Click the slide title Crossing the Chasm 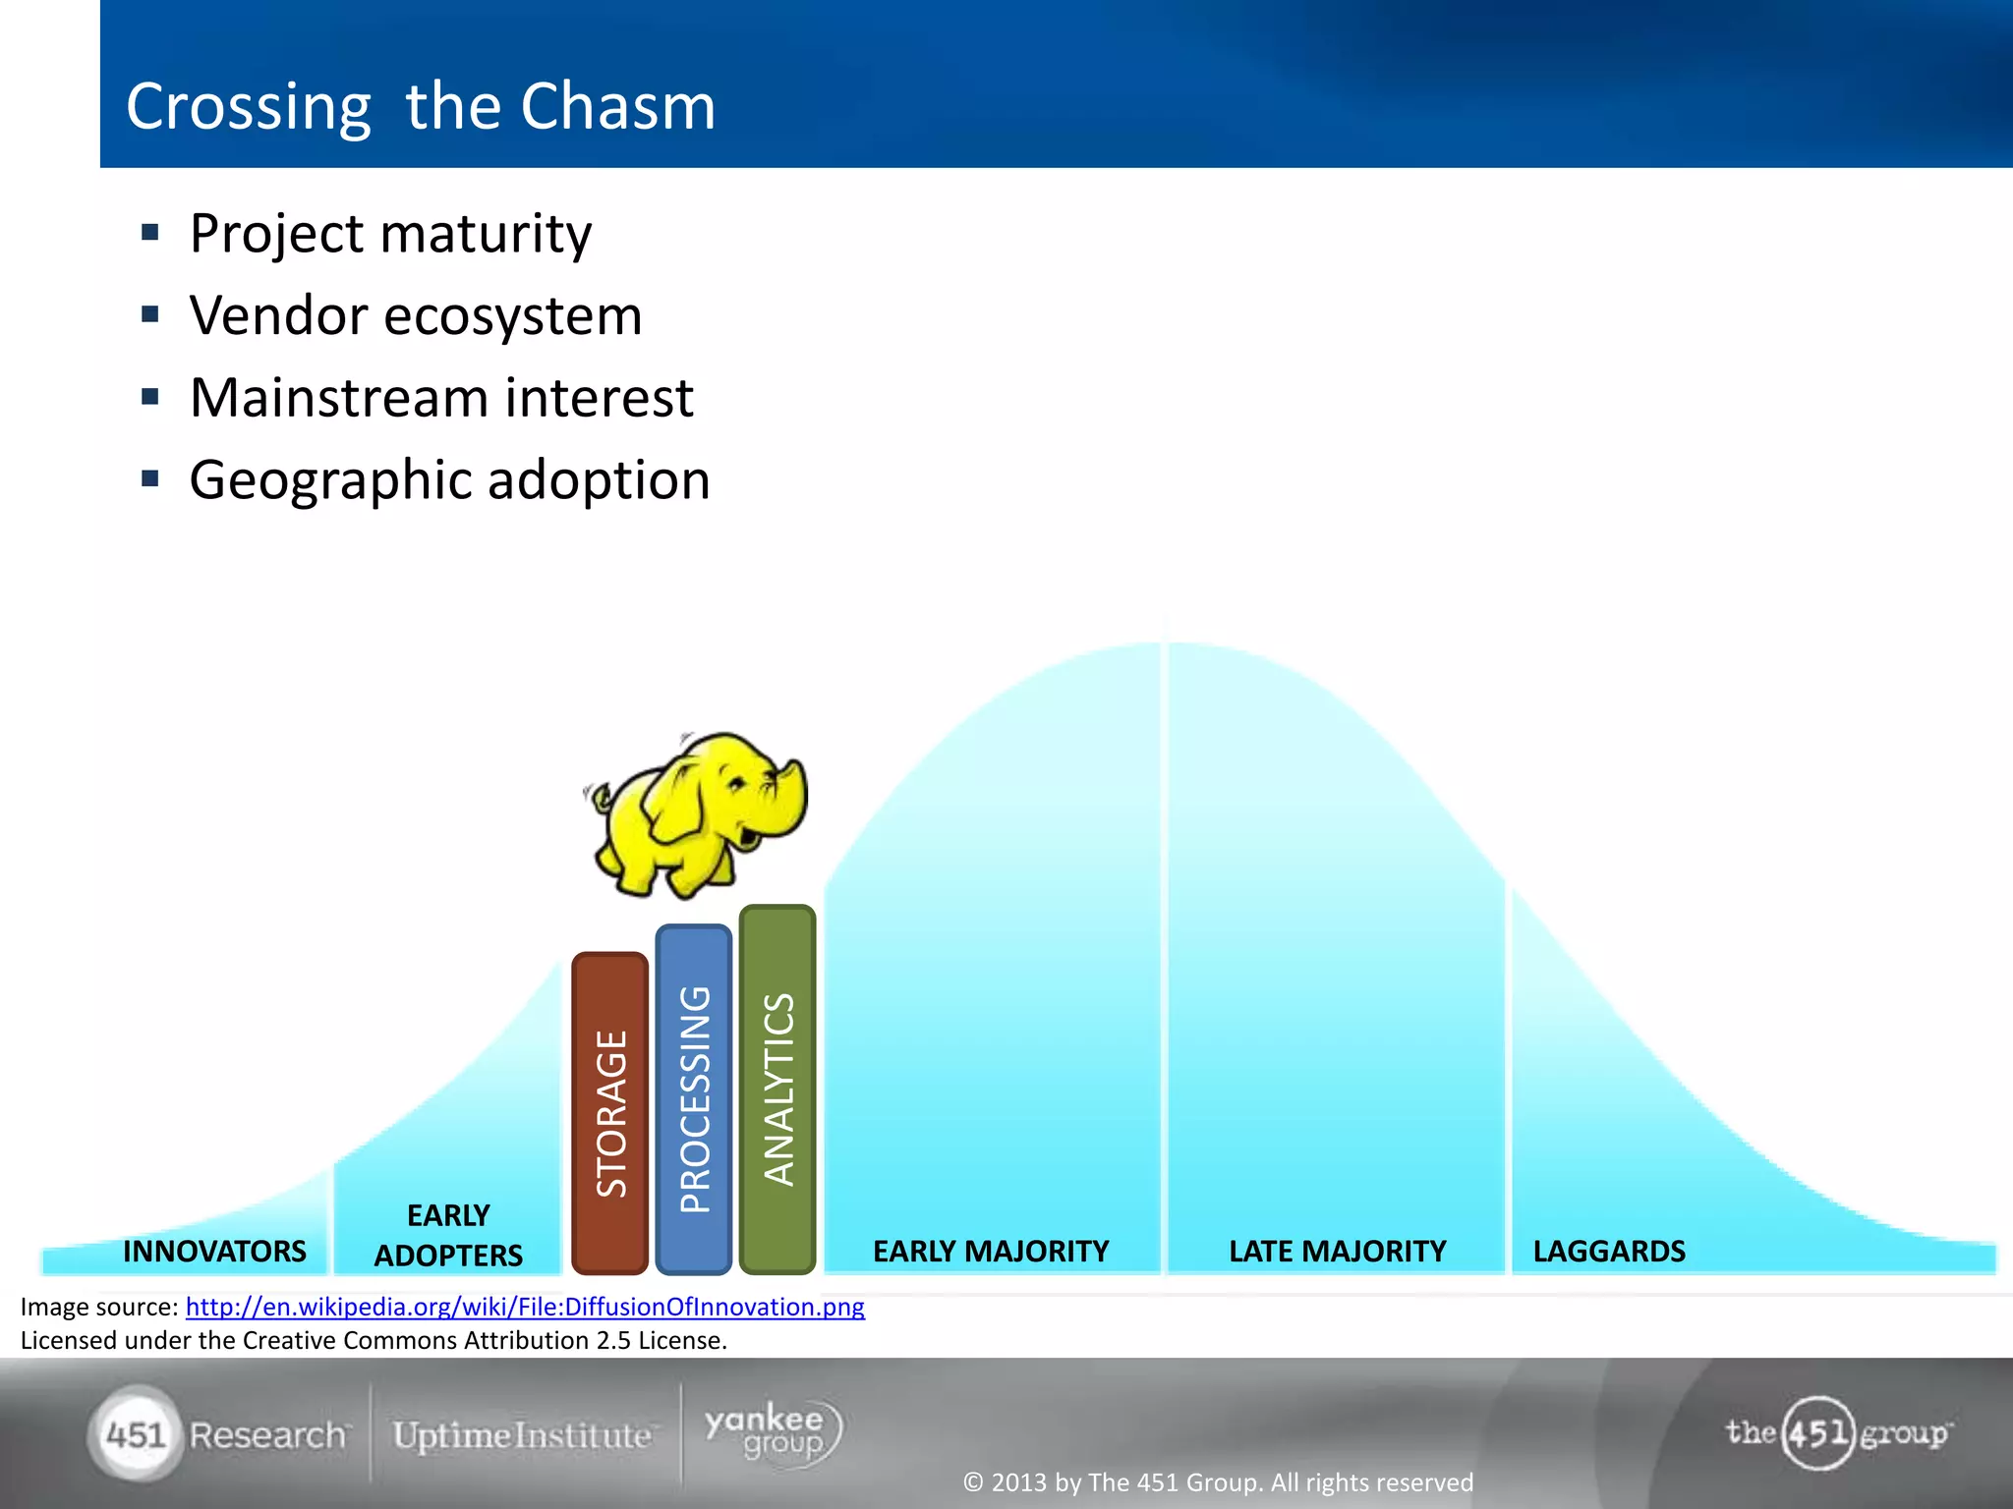click(x=421, y=106)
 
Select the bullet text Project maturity click(x=390, y=234)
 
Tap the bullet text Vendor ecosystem click(x=416, y=316)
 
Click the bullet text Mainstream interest click(x=441, y=398)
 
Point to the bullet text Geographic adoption click(x=449, y=480)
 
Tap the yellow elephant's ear click(x=678, y=806)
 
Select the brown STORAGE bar click(x=609, y=1112)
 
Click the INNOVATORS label click(x=214, y=1251)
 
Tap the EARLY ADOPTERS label click(x=448, y=1235)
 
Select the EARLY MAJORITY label click(x=990, y=1251)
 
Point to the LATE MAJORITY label click(x=1337, y=1251)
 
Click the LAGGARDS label click(x=1609, y=1251)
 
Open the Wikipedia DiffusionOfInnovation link click(x=525, y=1307)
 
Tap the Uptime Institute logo click(x=522, y=1435)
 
